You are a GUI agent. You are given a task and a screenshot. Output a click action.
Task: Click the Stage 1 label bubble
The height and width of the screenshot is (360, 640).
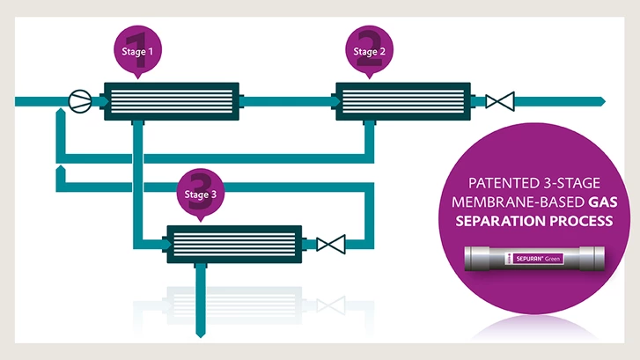[136, 51]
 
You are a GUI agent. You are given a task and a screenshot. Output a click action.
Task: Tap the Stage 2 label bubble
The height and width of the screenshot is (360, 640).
[369, 51]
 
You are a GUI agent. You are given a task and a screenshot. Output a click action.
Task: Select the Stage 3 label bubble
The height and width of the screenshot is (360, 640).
[196, 194]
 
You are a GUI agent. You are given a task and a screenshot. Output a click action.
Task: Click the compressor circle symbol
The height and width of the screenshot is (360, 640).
[81, 101]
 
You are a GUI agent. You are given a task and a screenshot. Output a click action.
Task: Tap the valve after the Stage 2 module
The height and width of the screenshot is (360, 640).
[500, 101]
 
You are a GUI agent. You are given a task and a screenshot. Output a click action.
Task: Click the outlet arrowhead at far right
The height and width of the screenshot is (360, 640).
[600, 101]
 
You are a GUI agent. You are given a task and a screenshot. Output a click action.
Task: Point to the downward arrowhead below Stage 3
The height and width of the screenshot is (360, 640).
[198, 333]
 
